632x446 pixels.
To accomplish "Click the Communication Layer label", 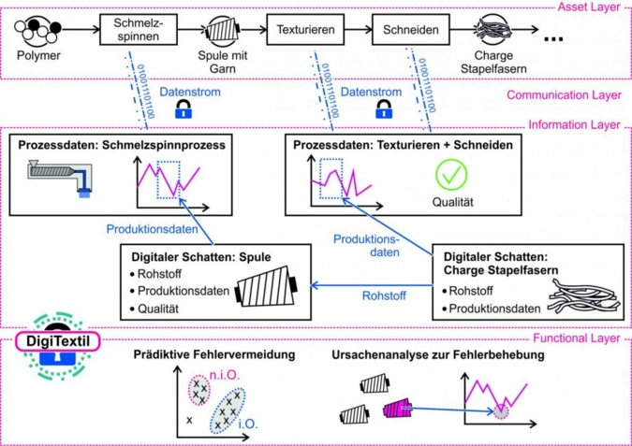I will coord(566,94).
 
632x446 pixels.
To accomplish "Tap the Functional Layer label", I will coord(578,338).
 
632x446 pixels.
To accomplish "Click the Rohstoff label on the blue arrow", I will coord(385,296).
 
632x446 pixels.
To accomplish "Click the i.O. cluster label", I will coord(252,423).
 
